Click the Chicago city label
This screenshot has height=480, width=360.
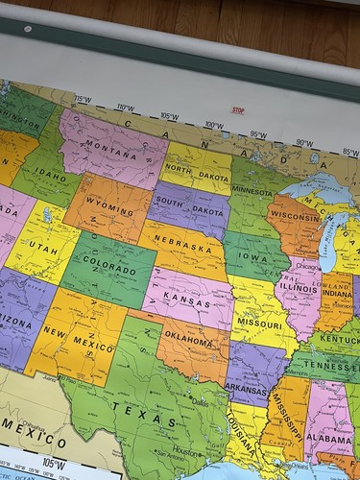pos(308,267)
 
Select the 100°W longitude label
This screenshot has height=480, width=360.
pos(213,126)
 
